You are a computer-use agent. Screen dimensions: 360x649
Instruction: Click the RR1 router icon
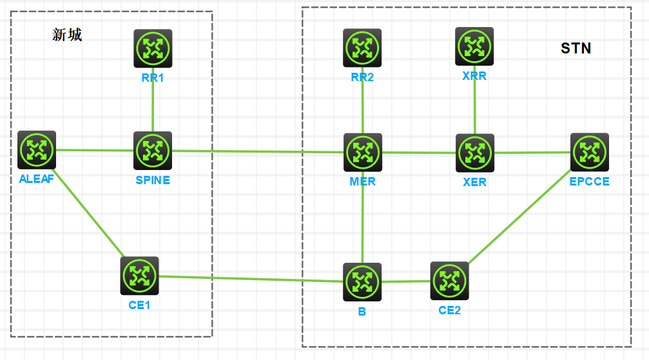[x=153, y=48]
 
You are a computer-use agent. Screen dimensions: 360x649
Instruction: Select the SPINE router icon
[x=153, y=151]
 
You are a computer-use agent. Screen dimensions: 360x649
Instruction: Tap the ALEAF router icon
[x=37, y=150]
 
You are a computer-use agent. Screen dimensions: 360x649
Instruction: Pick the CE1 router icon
[x=139, y=276]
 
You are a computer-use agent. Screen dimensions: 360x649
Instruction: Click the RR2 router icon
[x=362, y=48]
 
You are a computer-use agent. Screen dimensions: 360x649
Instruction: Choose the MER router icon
[x=363, y=153]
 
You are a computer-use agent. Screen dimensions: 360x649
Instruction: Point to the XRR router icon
[x=474, y=46]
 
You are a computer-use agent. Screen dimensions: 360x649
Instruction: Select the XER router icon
[x=475, y=153]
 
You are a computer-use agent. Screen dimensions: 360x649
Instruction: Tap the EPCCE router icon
[x=589, y=153]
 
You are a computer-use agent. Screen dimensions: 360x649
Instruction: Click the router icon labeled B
[x=362, y=282]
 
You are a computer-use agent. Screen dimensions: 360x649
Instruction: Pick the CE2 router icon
[x=449, y=281]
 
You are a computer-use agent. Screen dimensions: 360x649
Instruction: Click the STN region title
[x=576, y=48]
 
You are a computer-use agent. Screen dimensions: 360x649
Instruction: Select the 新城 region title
[x=67, y=35]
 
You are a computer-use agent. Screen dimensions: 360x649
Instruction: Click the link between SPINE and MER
[x=258, y=151]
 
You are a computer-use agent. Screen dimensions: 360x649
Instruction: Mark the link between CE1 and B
[x=251, y=279]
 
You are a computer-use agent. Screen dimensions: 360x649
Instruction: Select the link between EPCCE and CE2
[x=519, y=217]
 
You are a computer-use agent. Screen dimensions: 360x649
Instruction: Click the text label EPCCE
[x=589, y=182]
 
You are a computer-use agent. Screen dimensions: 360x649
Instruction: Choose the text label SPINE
[x=153, y=180]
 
